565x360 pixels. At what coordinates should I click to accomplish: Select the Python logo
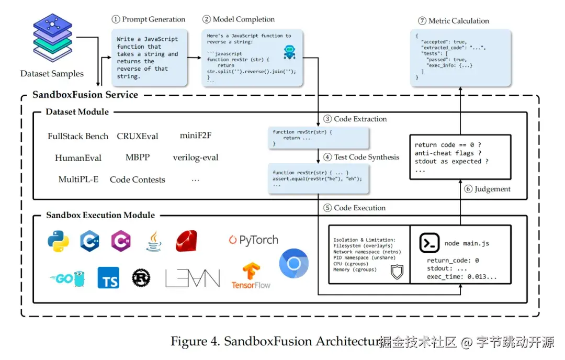(x=58, y=241)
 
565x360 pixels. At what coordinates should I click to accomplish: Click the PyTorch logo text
(x=254, y=240)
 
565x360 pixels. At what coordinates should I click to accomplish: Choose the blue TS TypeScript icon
(x=108, y=278)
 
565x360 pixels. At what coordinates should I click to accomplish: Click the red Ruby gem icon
(x=186, y=241)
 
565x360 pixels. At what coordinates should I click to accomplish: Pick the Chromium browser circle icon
(x=294, y=263)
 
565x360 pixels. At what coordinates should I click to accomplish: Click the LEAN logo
(x=193, y=278)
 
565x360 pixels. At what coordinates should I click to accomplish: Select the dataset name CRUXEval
(x=138, y=136)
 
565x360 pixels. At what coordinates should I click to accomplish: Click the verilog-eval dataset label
(x=196, y=157)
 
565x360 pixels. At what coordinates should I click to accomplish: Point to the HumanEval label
(x=78, y=157)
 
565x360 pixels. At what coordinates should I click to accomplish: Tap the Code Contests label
(x=138, y=179)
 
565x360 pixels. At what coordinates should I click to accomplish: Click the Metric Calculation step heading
(x=454, y=21)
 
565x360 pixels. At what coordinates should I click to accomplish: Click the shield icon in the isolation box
(x=398, y=271)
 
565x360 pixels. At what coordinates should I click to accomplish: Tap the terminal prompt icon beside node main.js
(x=429, y=243)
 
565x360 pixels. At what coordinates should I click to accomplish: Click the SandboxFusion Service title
(x=85, y=95)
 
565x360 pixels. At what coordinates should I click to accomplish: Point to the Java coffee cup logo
(x=154, y=241)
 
